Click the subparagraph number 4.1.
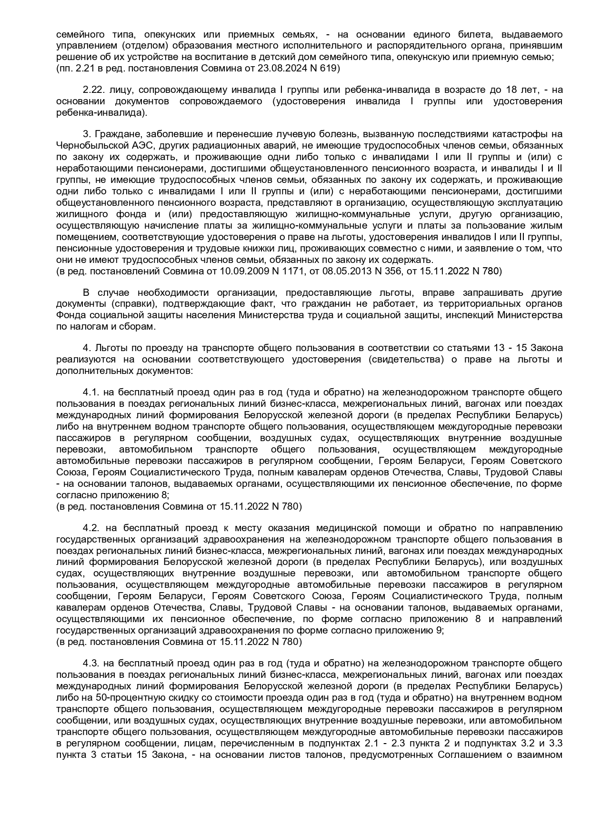pos(90,392)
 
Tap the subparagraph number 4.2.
pos(90,528)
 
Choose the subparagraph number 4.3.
pos(90,664)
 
